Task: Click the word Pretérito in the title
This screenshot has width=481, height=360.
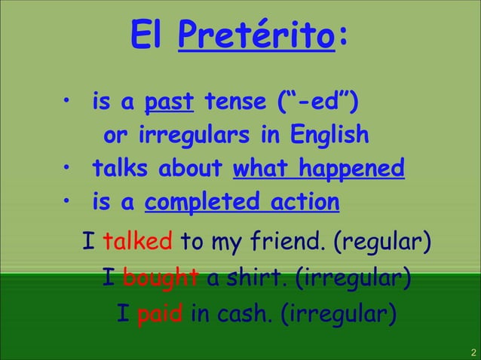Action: point(256,34)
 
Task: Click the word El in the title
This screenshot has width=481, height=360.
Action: point(149,32)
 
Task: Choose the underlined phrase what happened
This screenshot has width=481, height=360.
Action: point(319,168)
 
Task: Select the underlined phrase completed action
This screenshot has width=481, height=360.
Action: point(242,202)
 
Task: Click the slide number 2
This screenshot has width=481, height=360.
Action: point(473,352)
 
